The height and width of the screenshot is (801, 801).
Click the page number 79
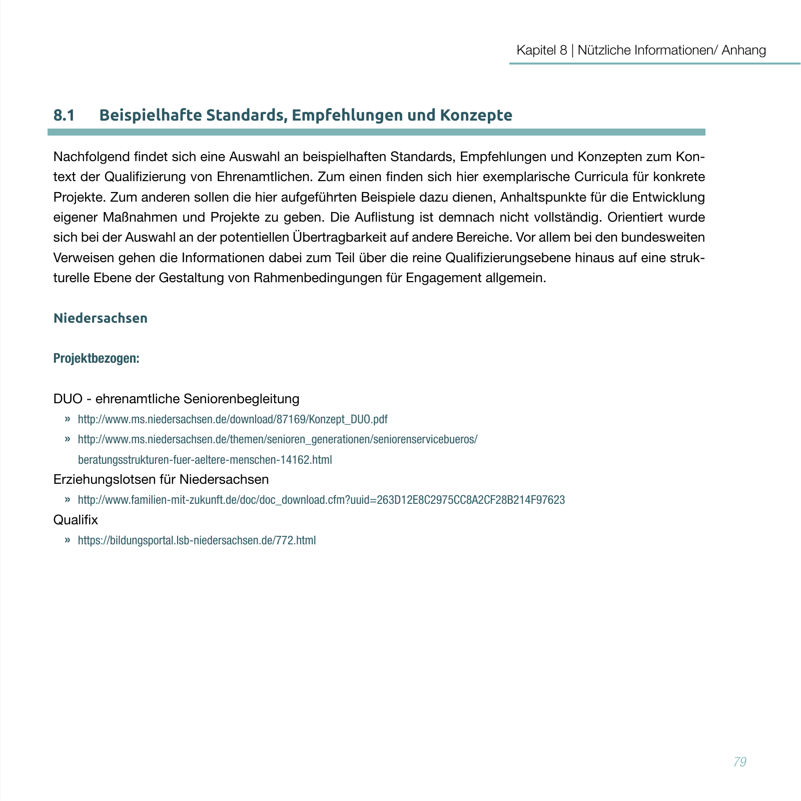(x=739, y=762)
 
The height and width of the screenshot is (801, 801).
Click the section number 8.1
(x=64, y=115)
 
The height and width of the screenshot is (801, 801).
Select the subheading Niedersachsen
(x=101, y=318)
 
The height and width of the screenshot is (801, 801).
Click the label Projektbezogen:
(x=96, y=358)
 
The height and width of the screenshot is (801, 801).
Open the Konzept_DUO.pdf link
(x=233, y=419)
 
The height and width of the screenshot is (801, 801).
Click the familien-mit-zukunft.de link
(x=321, y=500)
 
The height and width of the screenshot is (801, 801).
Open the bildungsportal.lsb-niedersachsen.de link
(x=197, y=540)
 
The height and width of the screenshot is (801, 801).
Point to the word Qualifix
(x=76, y=520)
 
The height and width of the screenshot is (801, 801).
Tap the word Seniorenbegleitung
(x=241, y=399)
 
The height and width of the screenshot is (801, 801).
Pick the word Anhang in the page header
(x=743, y=50)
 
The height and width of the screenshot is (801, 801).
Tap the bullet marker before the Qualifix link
(x=67, y=540)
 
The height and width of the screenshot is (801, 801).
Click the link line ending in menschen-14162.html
(x=205, y=460)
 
